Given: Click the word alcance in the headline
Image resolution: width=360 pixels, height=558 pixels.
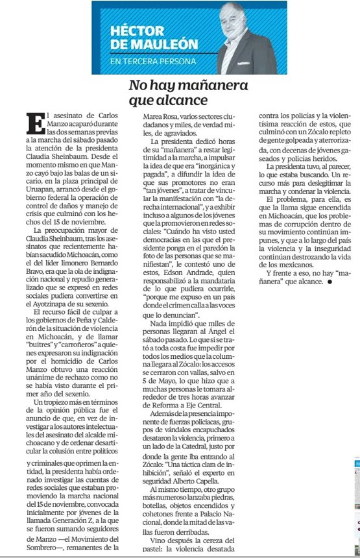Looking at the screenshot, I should point(187,101).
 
